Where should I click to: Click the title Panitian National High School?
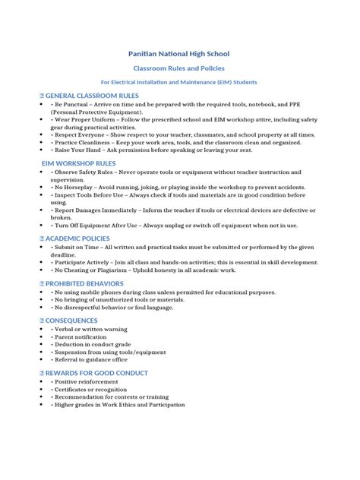180,54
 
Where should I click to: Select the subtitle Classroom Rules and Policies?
179,68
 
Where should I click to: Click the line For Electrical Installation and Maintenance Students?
179,81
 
